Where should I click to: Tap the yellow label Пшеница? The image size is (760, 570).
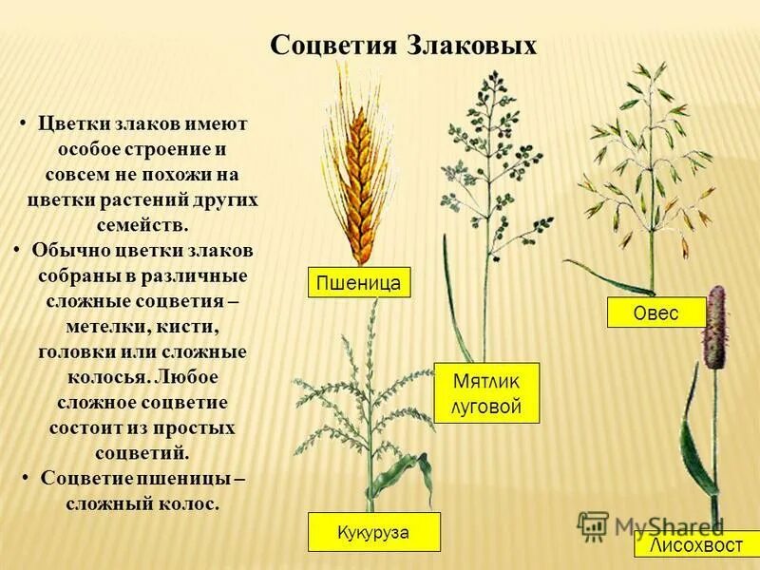[x=359, y=282]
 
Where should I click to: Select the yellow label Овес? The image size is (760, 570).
[x=656, y=313]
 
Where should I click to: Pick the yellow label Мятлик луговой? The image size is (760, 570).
[x=486, y=393]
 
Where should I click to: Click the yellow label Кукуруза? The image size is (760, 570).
[x=373, y=532]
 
